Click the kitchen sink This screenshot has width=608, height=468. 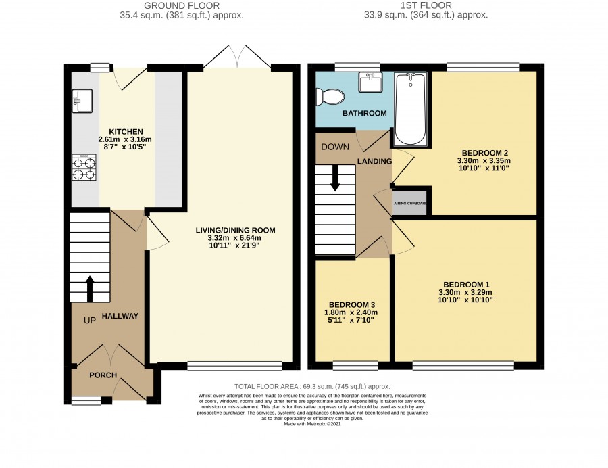tap(82, 101)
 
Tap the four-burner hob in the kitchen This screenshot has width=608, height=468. tap(84, 168)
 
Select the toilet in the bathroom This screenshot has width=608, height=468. tap(330, 96)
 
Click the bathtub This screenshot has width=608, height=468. tap(411, 109)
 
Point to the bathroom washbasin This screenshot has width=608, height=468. tap(370, 82)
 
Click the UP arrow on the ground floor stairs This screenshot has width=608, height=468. tap(90, 289)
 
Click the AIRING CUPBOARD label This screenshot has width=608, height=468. tap(410, 204)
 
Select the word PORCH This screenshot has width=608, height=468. tap(103, 375)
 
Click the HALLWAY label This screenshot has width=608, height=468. tap(120, 316)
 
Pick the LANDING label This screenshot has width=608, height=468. tap(374, 161)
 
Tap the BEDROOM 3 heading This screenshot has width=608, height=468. tap(352, 304)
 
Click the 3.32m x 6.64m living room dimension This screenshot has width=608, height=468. tap(234, 238)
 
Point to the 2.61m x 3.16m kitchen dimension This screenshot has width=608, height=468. tap(125, 139)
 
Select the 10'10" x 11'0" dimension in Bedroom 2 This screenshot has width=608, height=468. tap(484, 168)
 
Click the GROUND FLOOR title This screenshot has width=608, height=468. tap(182, 6)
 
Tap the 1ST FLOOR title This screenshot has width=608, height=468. tap(426, 6)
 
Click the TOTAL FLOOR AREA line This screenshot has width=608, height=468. tap(312, 387)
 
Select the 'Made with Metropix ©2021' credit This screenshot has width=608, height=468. tap(313, 424)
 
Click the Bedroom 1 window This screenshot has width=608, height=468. tap(463, 366)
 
